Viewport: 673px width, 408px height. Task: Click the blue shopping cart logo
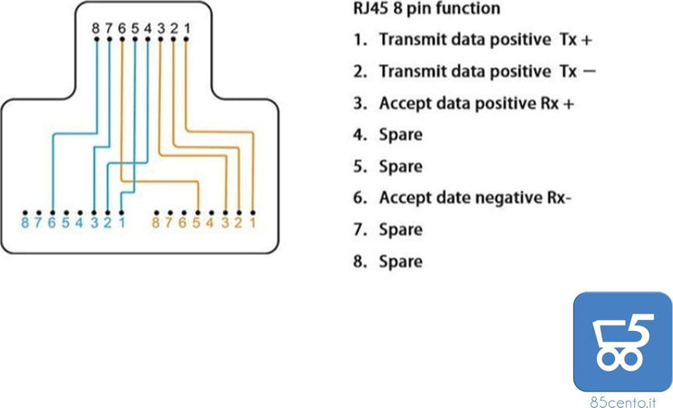(x=622, y=341)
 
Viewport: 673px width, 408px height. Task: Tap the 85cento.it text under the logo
(x=622, y=400)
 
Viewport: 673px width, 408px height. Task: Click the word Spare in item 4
(x=400, y=135)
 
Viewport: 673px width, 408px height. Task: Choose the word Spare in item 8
(x=400, y=261)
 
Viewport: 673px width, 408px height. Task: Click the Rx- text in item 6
(x=554, y=198)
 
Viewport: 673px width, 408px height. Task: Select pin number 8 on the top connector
(x=96, y=28)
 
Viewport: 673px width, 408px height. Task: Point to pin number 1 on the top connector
(x=186, y=28)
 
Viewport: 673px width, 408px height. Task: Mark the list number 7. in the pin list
(x=358, y=229)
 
